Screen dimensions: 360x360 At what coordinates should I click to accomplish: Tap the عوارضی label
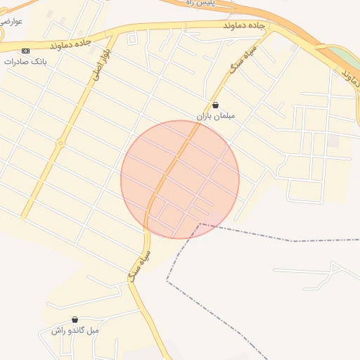pos(12,21)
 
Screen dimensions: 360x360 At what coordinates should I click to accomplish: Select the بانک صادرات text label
pos(25,61)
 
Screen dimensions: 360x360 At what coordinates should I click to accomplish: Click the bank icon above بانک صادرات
pos(26,51)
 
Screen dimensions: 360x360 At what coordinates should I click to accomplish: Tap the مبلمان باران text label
pos(215,115)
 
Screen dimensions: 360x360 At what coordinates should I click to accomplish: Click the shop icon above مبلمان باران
pos(215,105)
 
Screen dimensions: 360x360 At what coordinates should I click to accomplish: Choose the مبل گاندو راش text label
pos(75,330)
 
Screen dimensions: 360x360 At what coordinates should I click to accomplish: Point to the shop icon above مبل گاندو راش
pos(75,320)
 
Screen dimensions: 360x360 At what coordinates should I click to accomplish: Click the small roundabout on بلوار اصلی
pos(61,143)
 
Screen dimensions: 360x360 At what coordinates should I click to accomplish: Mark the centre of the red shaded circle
pos(180,179)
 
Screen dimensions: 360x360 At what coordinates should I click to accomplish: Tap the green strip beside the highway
pos(344,56)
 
